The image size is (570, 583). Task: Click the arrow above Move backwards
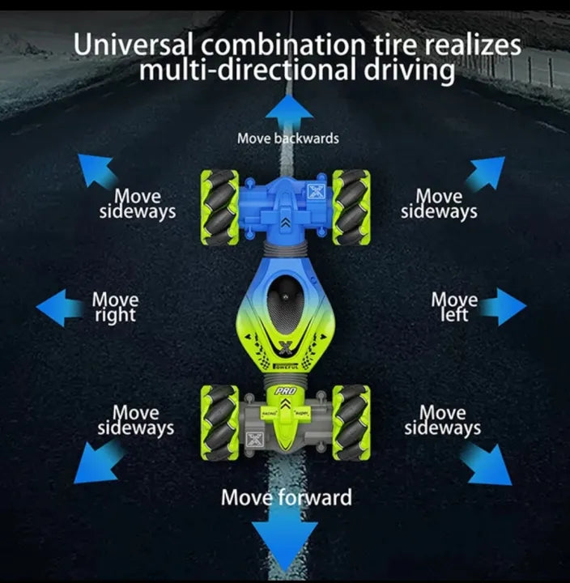[x=289, y=112]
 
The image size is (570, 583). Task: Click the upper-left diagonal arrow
[x=96, y=172]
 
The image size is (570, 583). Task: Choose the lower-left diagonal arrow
[x=99, y=462]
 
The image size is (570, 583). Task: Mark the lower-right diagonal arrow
[x=486, y=465]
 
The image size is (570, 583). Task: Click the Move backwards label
[x=288, y=138]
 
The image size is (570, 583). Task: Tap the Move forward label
[x=287, y=497]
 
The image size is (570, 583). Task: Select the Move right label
[x=115, y=307]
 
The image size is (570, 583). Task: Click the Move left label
[x=454, y=307]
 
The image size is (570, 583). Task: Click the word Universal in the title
[x=133, y=45]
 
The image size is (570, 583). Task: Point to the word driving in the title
[x=409, y=70]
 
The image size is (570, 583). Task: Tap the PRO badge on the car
[x=286, y=391]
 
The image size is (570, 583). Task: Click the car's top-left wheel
[x=219, y=207]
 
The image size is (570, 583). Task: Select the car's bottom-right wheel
[x=351, y=423]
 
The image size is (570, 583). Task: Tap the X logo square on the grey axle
[x=255, y=440]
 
